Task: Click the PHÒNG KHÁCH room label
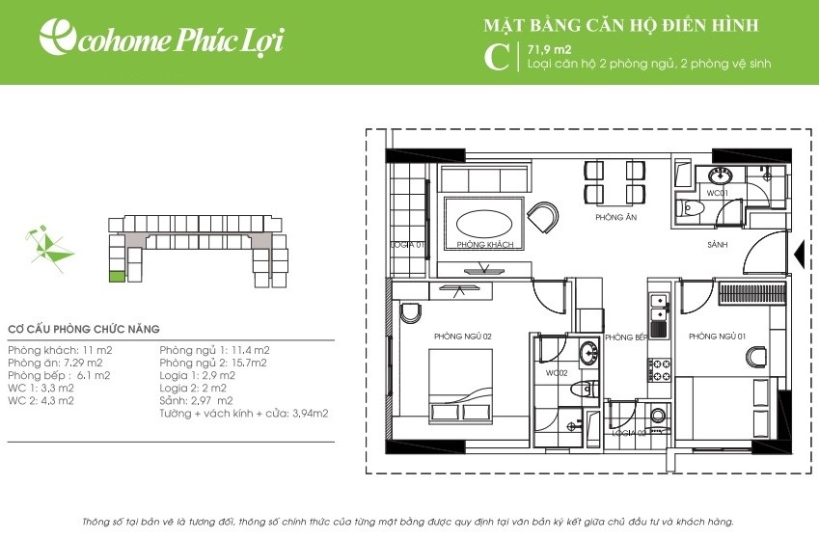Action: [484, 245]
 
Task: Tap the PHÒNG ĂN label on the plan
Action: [615, 217]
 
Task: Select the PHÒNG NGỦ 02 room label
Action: [463, 337]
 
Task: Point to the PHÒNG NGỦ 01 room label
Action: [717, 337]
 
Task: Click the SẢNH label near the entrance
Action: [717, 245]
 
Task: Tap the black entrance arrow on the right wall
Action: [799, 255]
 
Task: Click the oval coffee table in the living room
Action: [484, 224]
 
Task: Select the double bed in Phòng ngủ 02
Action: [461, 387]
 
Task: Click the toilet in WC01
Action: [690, 209]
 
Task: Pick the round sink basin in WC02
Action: [588, 353]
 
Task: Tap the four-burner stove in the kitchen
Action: [659, 370]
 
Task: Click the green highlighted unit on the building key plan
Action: [117, 277]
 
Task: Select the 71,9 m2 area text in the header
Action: [550, 50]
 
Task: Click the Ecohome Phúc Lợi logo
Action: [162, 38]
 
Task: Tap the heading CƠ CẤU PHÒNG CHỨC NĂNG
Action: [84, 329]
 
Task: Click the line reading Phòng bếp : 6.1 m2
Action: [59, 375]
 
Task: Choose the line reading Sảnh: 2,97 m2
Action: [197, 400]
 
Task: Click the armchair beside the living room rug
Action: [543, 217]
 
